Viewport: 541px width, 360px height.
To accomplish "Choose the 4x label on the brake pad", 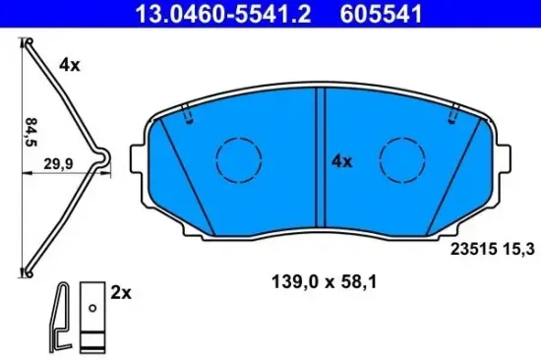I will (x=341, y=159).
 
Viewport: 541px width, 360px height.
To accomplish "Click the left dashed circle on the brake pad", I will (x=236, y=156).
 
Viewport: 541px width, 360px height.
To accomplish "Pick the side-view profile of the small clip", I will (x=61, y=315).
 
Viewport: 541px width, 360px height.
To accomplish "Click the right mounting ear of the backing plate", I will (x=502, y=157).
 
